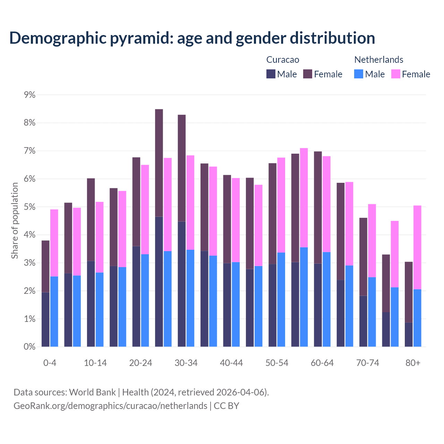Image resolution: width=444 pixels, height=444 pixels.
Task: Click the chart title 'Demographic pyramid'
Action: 192,38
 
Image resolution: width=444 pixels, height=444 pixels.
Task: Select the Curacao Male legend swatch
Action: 271,74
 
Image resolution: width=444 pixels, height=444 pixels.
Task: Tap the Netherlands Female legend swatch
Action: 395,74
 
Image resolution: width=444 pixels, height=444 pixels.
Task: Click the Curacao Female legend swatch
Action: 308,74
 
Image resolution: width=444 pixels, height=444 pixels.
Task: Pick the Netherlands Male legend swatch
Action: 359,74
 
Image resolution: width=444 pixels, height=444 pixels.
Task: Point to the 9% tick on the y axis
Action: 30,95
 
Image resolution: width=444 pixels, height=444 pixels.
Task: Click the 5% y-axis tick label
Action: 30,207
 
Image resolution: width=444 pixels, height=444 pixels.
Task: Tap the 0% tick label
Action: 30,347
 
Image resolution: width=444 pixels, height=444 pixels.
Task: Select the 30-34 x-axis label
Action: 186,363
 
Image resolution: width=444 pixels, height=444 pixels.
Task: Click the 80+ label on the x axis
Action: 413,363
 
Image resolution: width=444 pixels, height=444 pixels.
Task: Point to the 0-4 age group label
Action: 50,363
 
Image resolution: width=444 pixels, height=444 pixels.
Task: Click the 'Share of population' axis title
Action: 15,221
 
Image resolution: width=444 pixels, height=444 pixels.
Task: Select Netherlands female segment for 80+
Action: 417,247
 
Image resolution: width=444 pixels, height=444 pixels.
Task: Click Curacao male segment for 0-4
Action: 45,319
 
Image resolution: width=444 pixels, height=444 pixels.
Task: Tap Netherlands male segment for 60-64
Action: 326,299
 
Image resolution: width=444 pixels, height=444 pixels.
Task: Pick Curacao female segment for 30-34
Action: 182,168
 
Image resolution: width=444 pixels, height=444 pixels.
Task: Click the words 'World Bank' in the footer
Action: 92,392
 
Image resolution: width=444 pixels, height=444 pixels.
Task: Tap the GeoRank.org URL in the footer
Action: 110,406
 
